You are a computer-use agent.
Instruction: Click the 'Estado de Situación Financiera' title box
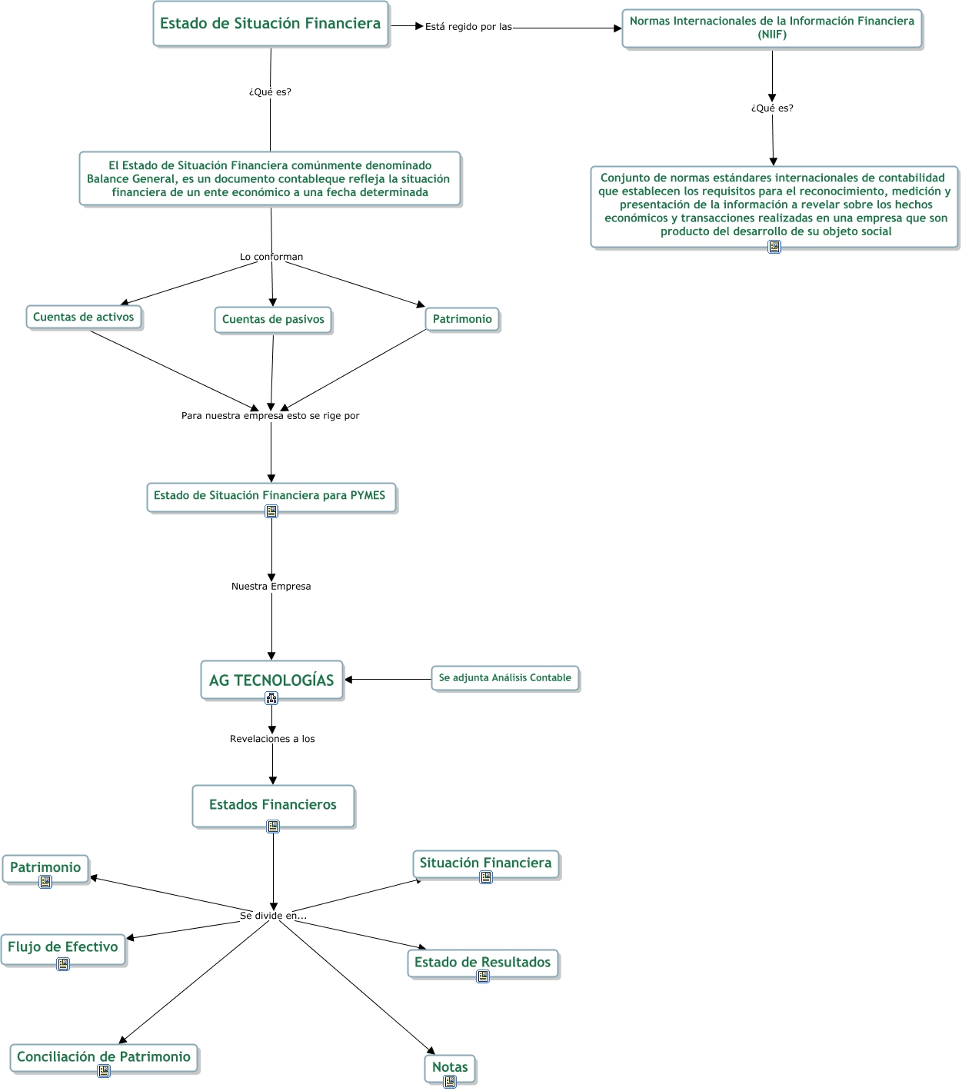[x=271, y=24]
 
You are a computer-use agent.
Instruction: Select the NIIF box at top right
[x=772, y=28]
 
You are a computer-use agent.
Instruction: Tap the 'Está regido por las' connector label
[x=468, y=27]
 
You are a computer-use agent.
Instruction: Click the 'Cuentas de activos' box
[x=84, y=317]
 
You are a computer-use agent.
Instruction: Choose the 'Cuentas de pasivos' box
[x=273, y=319]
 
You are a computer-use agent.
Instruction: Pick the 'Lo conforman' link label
[x=271, y=257]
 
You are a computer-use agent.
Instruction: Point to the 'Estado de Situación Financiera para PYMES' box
[x=270, y=496]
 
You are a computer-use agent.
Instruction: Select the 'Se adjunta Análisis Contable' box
[x=504, y=678]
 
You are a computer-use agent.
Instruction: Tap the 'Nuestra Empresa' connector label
[x=271, y=586]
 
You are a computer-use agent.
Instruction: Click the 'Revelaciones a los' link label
[x=272, y=739]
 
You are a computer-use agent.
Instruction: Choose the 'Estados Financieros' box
[x=273, y=804]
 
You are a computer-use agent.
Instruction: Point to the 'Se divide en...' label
[x=273, y=916]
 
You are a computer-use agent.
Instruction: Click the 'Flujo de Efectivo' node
[x=63, y=947]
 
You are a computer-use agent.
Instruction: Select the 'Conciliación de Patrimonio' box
[x=104, y=1056]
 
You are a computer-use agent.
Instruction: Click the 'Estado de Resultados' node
[x=482, y=962]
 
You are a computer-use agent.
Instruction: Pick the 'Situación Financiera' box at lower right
[x=485, y=863]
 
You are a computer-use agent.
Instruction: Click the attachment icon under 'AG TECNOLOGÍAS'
[x=271, y=698]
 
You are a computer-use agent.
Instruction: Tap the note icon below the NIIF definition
[x=774, y=247]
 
